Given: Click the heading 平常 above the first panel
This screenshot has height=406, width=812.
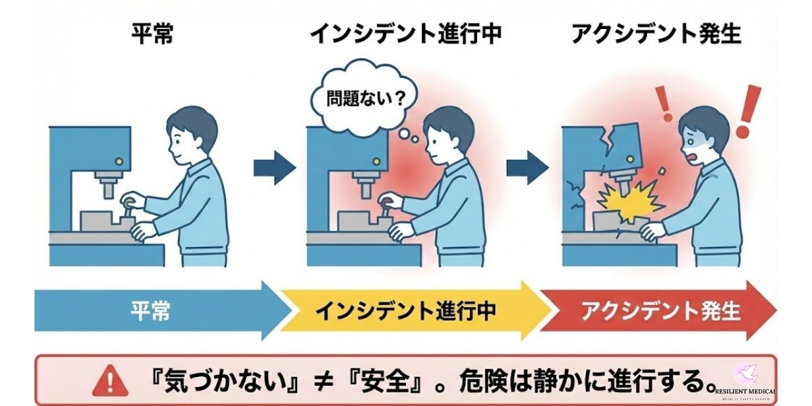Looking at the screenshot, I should point(152,34).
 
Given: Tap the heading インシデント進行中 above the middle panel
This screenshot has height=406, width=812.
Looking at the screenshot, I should point(406,34).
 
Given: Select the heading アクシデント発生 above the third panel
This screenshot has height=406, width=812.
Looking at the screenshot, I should point(656,34).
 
